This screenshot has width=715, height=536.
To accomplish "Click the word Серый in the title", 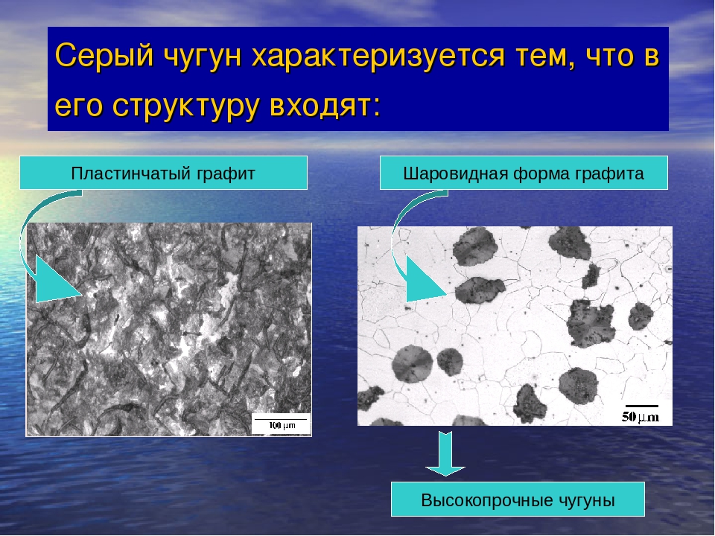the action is tap(104, 56).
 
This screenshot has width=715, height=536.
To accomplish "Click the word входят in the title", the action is tap(325, 105).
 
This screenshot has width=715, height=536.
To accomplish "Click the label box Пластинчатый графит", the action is tap(163, 173).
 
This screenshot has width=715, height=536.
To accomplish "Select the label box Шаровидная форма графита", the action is tap(524, 173).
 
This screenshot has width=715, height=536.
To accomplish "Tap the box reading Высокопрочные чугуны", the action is tap(518, 500).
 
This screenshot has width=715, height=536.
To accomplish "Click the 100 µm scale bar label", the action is tap(282, 426).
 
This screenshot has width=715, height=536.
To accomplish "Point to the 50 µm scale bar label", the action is tap(641, 416).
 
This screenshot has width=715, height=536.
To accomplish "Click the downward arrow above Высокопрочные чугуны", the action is tap(445, 453).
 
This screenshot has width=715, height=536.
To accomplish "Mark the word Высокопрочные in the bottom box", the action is tap(487, 500).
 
